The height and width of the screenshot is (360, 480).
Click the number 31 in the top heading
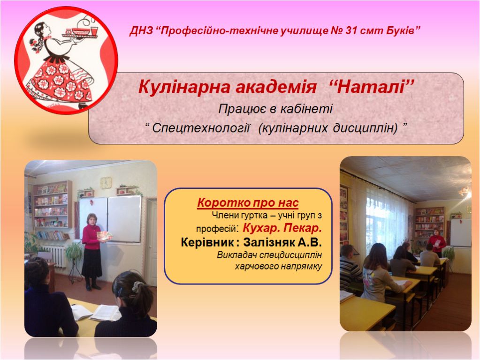(350, 31)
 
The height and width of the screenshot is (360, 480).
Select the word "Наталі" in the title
(373, 87)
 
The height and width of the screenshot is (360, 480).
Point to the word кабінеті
(306, 109)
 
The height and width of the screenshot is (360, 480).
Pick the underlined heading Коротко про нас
(248, 202)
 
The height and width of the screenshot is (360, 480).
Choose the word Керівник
(207, 242)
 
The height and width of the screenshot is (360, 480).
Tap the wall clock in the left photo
(106, 182)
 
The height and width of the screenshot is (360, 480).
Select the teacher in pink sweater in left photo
(92, 252)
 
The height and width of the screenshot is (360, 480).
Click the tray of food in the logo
(80, 32)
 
